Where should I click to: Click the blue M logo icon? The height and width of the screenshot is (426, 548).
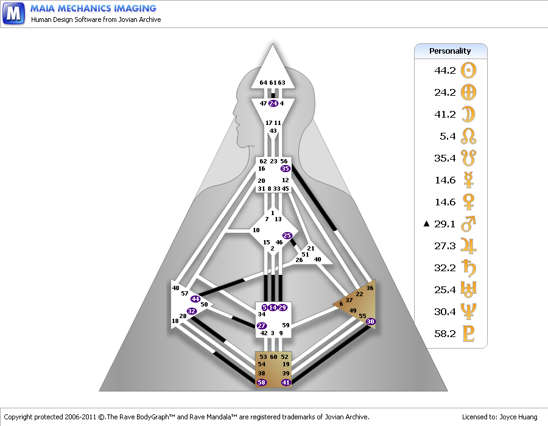[13, 13]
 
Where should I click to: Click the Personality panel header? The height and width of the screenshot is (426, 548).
[451, 51]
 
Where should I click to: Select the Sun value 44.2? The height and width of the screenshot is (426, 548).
[445, 70]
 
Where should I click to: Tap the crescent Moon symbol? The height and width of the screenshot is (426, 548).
[468, 115]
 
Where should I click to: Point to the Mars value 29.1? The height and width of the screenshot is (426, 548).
[444, 224]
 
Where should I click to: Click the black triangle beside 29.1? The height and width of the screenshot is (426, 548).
[426, 224]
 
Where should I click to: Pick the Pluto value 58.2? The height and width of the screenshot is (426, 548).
[445, 333]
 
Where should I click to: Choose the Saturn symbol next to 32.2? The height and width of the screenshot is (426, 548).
[469, 268]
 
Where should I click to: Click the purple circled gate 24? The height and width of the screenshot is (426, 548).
[273, 103]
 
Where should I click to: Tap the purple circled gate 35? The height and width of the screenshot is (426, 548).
[285, 169]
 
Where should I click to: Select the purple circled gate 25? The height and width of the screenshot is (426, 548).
[287, 236]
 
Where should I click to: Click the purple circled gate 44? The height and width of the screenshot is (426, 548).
[195, 299]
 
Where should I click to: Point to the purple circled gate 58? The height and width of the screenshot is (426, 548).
[261, 382]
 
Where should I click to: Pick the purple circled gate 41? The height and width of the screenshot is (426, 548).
[286, 382]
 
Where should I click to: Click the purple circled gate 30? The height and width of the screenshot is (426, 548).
[370, 321]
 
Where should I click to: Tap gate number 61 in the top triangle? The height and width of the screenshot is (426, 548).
[273, 83]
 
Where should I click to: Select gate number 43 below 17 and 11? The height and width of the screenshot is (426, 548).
[273, 131]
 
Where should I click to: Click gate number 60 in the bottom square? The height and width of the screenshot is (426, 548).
[273, 357]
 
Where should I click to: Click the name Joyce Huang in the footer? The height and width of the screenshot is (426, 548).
[518, 417]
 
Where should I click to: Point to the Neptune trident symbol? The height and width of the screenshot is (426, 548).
[468, 311]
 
